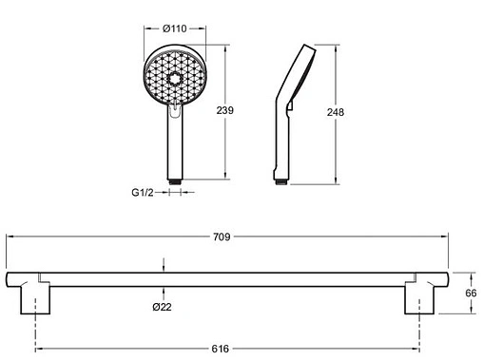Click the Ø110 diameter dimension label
point(174,28)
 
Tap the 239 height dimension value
point(225,110)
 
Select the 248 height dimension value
point(336,112)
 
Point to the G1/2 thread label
point(143,192)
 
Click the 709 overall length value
point(222,237)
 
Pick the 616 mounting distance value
point(220,349)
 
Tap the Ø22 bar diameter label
point(162,307)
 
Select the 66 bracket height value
point(471,294)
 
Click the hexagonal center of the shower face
point(174,79)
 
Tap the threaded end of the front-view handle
point(175,182)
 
